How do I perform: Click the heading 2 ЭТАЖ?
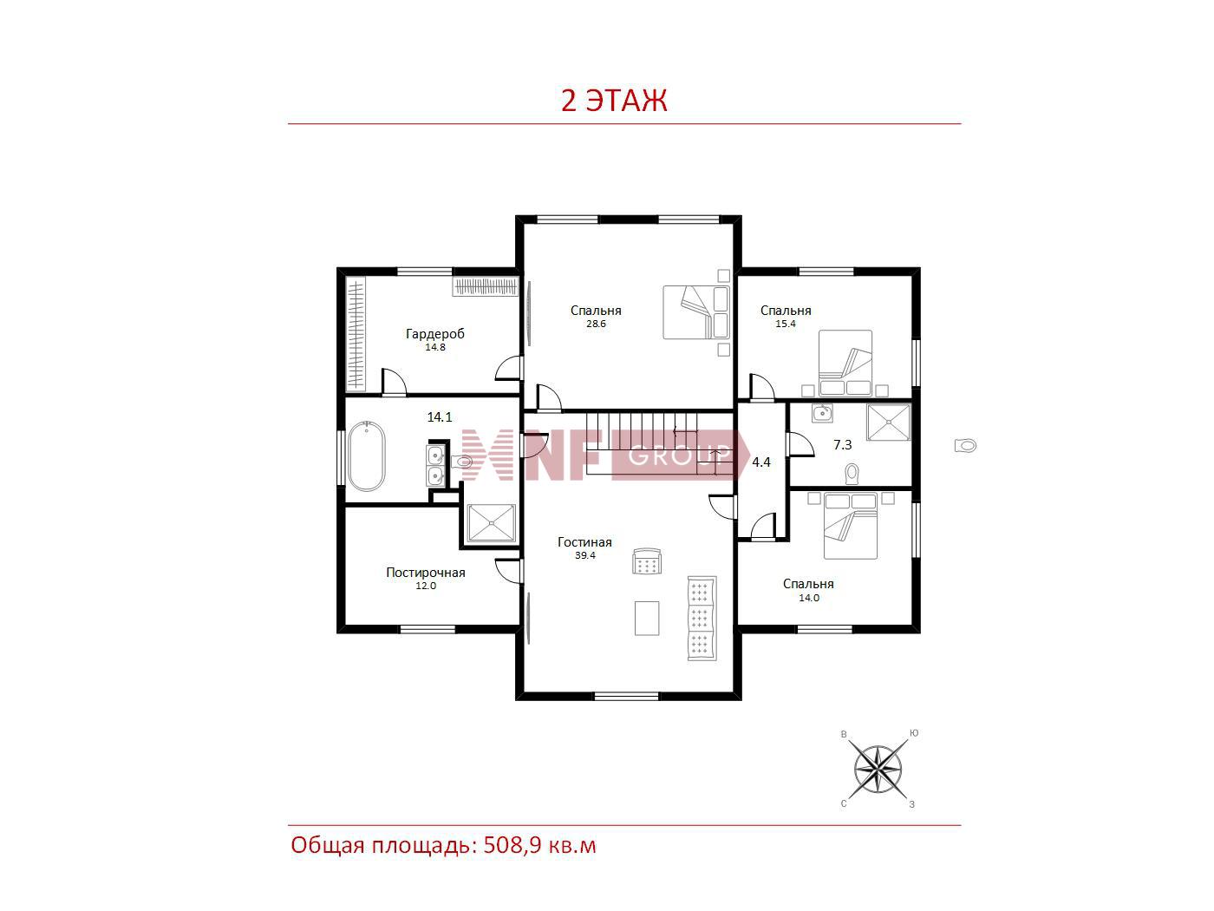(614, 101)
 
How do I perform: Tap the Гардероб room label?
(435, 333)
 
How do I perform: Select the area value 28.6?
(596, 324)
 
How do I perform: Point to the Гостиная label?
(584, 542)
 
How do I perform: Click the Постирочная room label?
(425, 573)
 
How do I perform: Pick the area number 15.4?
(786, 324)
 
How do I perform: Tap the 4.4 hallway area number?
(761, 462)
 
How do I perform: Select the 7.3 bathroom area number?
(842, 445)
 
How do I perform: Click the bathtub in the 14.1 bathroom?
(366, 456)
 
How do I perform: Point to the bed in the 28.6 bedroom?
(695, 312)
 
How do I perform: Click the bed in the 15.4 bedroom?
(845, 363)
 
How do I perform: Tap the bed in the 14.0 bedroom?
(850, 526)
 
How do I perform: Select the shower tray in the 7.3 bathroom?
(888, 423)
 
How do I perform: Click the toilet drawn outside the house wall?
(965, 445)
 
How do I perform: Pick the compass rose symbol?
(878, 770)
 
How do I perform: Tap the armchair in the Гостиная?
(647, 561)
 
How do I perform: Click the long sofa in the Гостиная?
(702, 619)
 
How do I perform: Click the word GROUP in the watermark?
(679, 456)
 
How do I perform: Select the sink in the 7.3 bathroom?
(823, 413)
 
